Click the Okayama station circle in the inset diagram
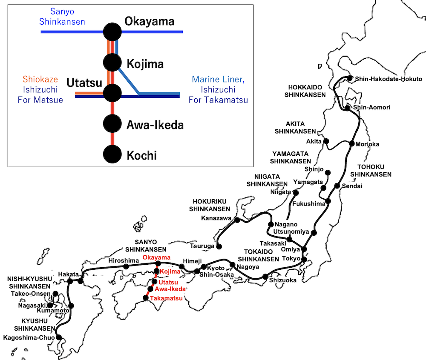coord(113,31)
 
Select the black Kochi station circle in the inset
coord(113,154)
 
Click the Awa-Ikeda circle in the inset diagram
coord(113,124)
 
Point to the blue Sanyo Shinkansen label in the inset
coord(63,17)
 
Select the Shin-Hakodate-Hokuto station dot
coord(350,78)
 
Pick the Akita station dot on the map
coord(327,141)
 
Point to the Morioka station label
coord(367,144)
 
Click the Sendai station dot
coord(337,186)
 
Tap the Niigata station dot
coord(294,192)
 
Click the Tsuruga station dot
coord(219,246)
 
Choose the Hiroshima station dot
coord(126,267)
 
